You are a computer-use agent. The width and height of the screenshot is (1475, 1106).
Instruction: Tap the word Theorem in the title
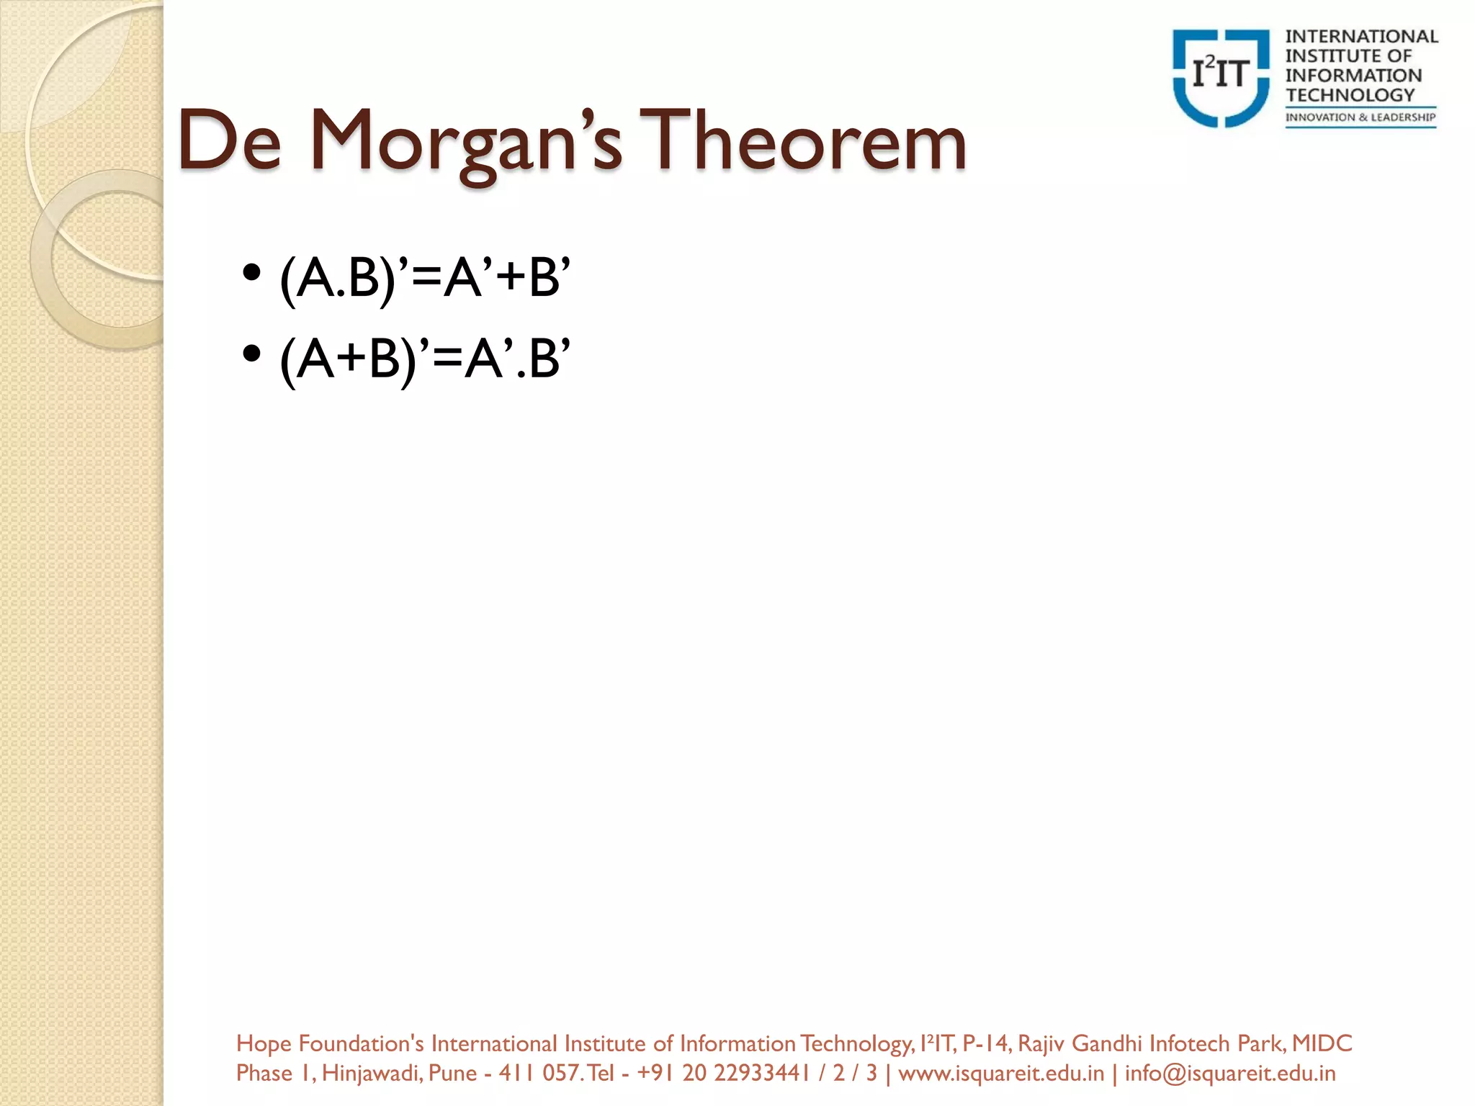click(803, 141)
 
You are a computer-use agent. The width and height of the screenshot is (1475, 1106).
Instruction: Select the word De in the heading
click(229, 141)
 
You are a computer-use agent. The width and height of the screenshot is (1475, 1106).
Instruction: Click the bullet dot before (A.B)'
click(251, 274)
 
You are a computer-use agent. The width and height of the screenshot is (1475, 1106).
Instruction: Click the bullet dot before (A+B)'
click(251, 354)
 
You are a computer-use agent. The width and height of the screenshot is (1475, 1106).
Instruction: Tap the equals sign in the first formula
click(426, 279)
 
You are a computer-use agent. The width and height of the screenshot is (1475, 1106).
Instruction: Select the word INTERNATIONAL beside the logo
click(1361, 37)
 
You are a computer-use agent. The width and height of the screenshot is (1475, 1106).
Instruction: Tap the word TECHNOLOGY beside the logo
click(1350, 95)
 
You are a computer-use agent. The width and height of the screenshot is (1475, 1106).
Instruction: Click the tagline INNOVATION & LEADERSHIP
click(1360, 117)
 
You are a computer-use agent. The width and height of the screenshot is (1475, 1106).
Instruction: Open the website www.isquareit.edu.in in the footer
click(1001, 1074)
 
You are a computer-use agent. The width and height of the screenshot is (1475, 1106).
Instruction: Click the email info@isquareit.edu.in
click(1230, 1074)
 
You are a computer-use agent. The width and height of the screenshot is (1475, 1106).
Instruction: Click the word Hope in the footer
click(264, 1043)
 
